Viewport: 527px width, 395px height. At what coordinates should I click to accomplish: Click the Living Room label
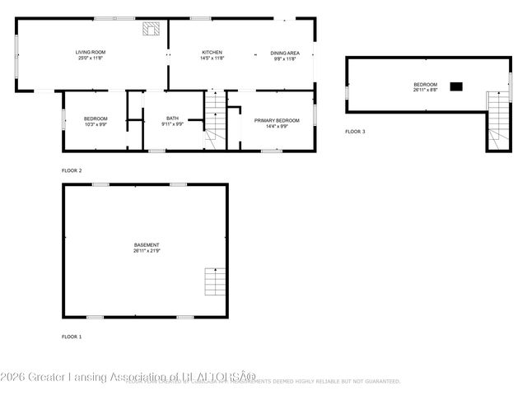coord(91,53)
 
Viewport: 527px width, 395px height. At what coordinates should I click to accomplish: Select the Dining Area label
coord(285,53)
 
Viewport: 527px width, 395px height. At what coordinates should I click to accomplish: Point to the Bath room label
coord(172,118)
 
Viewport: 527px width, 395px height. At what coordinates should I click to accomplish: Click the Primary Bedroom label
coord(277,121)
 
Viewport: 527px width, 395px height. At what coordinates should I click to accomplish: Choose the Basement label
coord(147,244)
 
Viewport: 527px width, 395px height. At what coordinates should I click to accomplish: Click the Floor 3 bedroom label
coord(425,84)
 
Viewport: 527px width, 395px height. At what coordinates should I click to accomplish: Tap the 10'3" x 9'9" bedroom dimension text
coord(96,124)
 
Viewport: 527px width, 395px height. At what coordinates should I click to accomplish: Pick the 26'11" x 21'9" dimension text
coord(147,250)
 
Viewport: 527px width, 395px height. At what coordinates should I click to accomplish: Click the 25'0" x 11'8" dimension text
coord(91,58)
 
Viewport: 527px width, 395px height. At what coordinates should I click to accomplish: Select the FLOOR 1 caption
coord(72,337)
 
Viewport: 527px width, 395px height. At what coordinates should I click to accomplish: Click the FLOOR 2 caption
coord(72,170)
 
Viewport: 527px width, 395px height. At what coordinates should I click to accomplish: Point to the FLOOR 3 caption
coord(355,132)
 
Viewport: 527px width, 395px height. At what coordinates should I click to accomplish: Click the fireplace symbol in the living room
coord(150,30)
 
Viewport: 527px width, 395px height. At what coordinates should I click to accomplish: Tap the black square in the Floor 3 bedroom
coord(456,86)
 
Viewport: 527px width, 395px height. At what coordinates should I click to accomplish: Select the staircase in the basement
coord(214,283)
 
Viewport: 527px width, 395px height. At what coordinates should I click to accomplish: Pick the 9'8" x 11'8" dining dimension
coord(285,58)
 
